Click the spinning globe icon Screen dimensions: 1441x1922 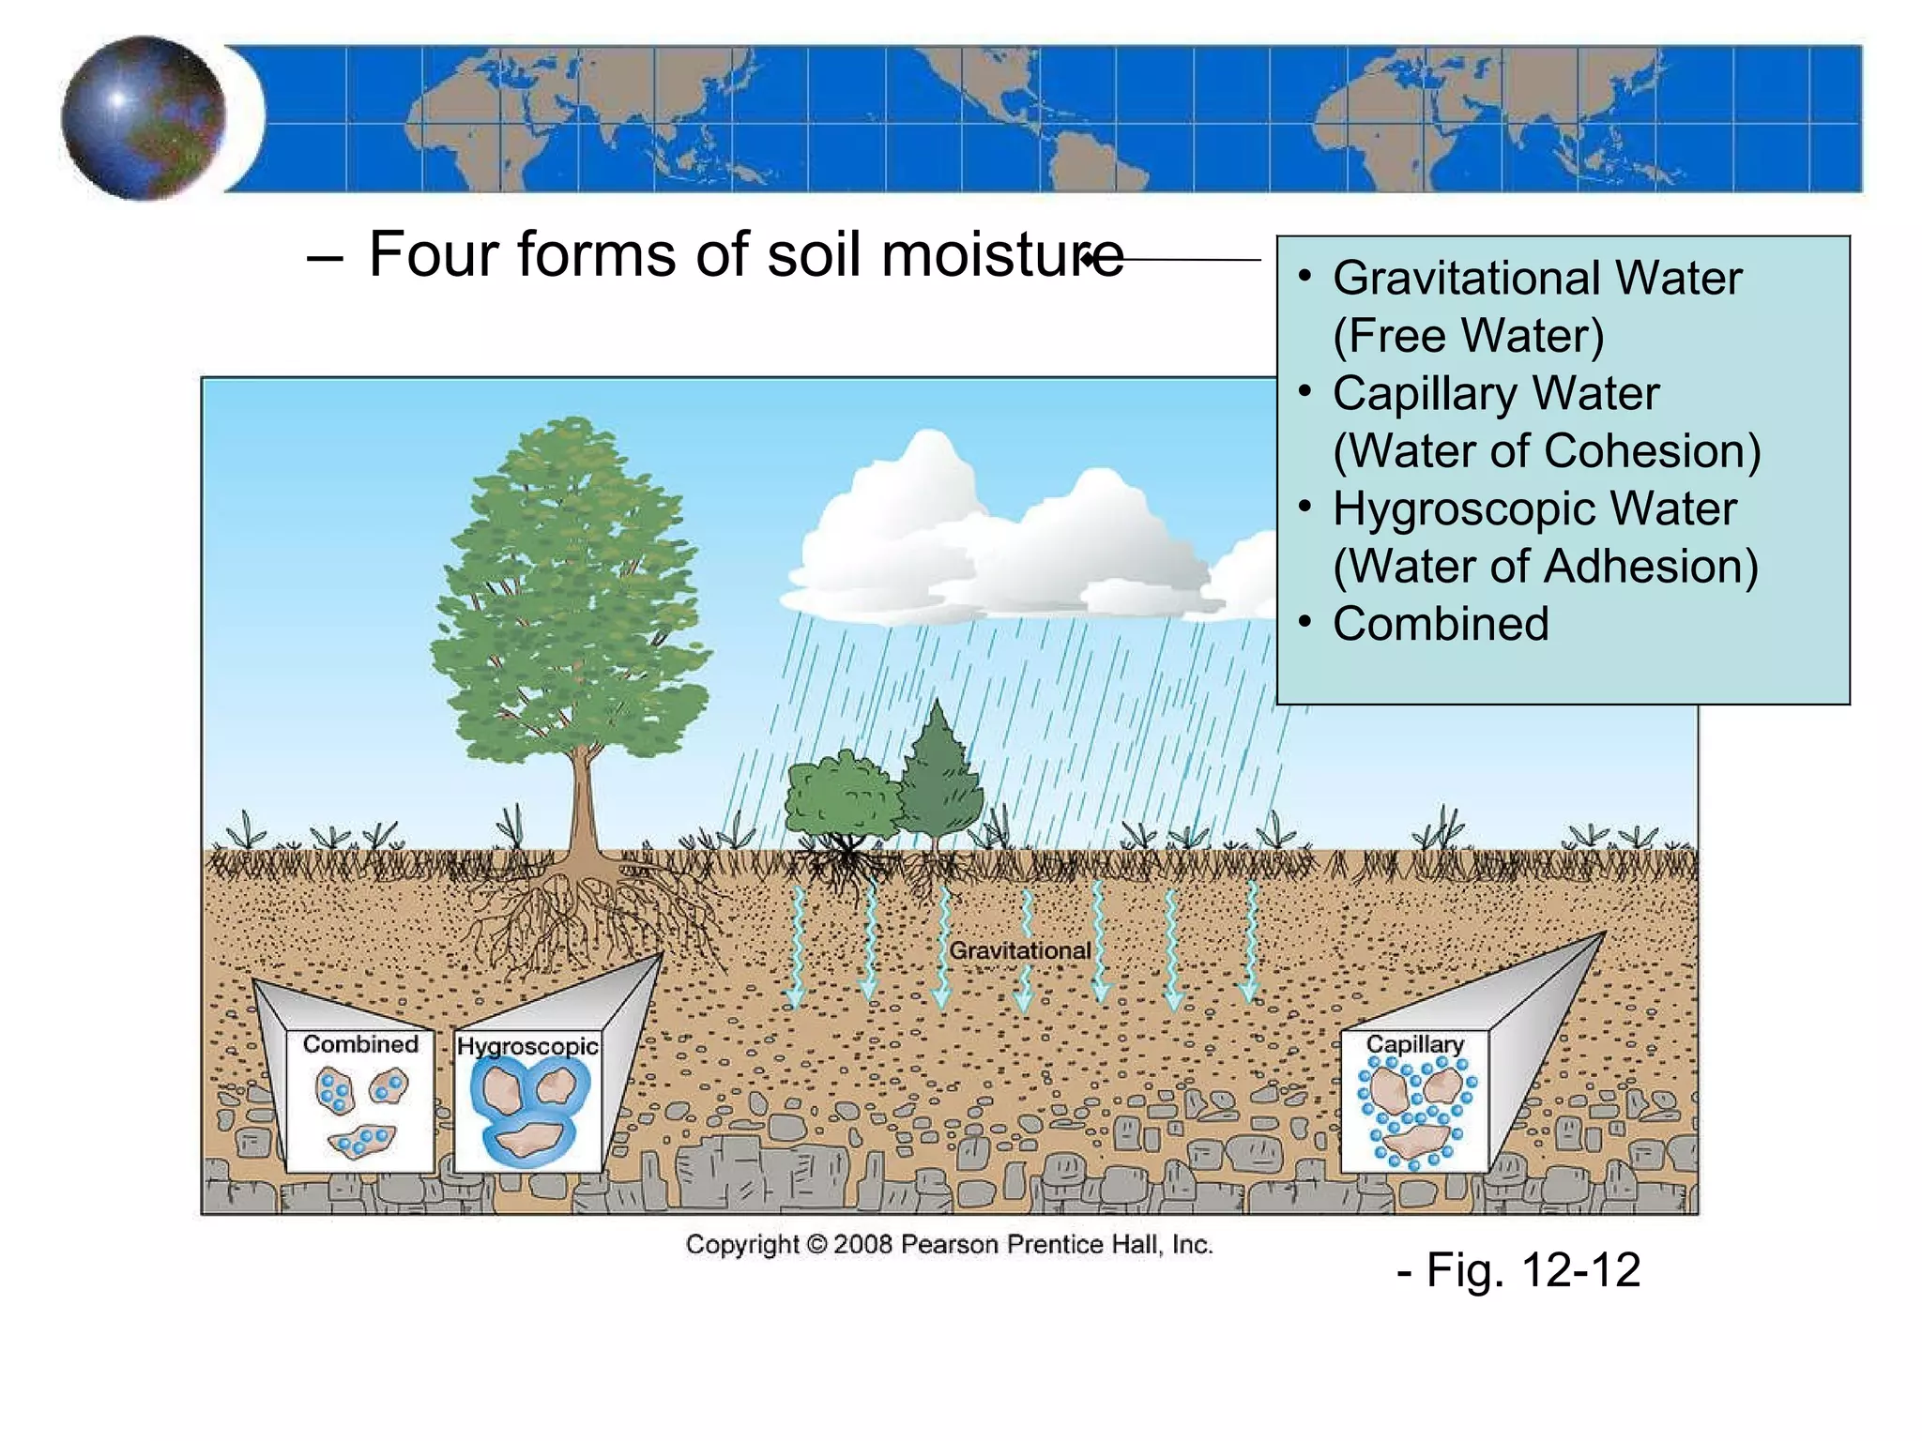pos(143,118)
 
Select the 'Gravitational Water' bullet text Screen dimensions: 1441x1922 pos(1536,279)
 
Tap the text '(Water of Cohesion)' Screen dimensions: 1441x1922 pos(1546,451)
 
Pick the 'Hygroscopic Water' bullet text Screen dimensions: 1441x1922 pos(1534,509)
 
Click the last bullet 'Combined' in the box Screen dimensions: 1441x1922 pos(1441,625)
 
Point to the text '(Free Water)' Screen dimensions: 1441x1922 pos(1468,336)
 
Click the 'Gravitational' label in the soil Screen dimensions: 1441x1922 pos(1020,950)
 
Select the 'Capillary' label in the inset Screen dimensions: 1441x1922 pos(1414,1044)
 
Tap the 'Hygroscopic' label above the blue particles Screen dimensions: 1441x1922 pos(527,1046)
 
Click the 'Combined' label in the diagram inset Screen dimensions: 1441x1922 pos(360,1044)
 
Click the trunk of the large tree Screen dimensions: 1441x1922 pos(583,797)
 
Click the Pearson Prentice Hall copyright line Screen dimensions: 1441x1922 pos(949,1245)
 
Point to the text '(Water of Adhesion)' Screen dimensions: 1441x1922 pos(1545,567)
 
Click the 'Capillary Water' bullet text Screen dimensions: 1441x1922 pos(1495,394)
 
